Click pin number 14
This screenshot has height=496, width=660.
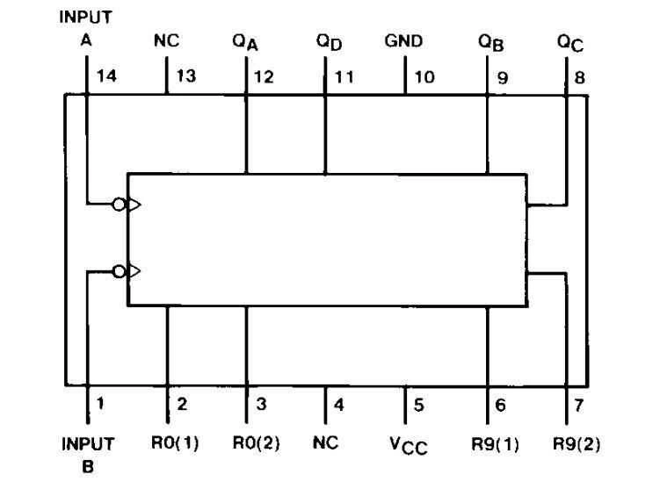[107, 76]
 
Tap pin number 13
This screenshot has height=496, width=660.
[187, 76]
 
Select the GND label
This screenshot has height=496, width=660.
[403, 40]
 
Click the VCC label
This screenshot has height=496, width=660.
[409, 445]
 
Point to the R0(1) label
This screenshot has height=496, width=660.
[169, 442]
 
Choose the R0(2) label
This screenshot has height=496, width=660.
[256, 442]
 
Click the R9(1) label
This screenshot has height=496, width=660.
[495, 442]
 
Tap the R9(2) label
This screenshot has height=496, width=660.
[577, 442]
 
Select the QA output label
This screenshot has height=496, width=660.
[245, 42]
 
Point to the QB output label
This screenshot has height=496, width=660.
[490, 42]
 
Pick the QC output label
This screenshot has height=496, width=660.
[571, 42]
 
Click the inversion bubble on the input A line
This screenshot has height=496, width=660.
[119, 205]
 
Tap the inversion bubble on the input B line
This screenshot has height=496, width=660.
[119, 270]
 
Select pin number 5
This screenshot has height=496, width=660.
[419, 405]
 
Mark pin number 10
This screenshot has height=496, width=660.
[424, 76]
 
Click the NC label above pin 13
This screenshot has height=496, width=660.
[166, 40]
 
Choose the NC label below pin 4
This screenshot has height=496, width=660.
[325, 442]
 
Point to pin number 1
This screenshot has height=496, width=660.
[100, 405]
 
